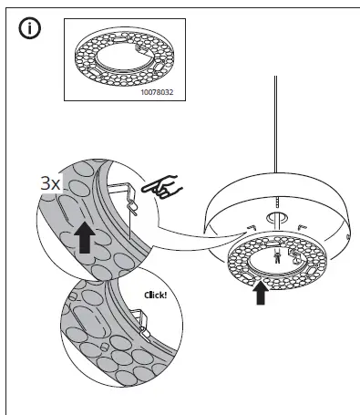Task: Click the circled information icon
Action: coord(29,28)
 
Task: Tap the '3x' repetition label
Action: coord(51,182)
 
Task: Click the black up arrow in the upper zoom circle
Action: coord(84,237)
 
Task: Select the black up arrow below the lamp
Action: coord(262,292)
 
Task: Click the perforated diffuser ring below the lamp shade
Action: coord(237,265)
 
